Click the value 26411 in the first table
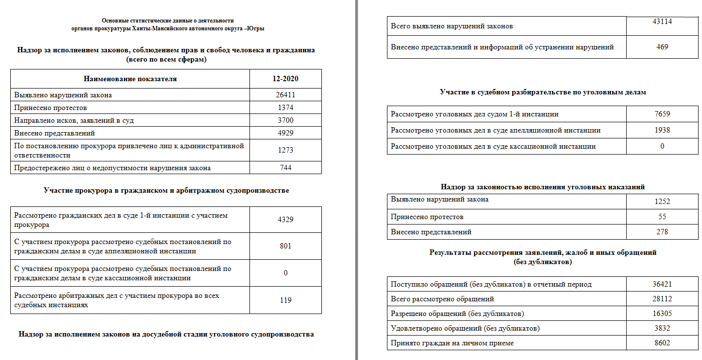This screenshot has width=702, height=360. [285, 95]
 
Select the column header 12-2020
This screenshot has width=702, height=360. [285, 79]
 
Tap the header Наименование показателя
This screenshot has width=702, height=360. [130, 79]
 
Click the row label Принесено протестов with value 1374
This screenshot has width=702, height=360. [51, 108]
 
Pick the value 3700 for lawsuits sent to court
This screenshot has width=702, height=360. [285, 120]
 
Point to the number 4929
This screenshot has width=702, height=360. [285, 133]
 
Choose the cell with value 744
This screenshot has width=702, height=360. [285, 168]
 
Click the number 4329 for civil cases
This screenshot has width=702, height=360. [285, 219]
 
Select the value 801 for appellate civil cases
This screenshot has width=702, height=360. [285, 246]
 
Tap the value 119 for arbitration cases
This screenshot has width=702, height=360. [285, 300]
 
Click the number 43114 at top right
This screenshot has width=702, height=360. [662, 22]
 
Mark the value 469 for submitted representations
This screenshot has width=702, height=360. [662, 47]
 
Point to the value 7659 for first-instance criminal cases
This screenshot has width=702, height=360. [662, 114]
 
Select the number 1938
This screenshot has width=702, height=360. [662, 130]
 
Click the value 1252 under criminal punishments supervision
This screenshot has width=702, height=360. [662, 201]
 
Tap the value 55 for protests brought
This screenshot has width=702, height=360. [662, 217]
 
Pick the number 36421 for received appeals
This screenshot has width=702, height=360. [662, 284]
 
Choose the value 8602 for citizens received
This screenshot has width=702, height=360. [662, 343]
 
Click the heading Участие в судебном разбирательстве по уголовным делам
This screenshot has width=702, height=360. [543, 92]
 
